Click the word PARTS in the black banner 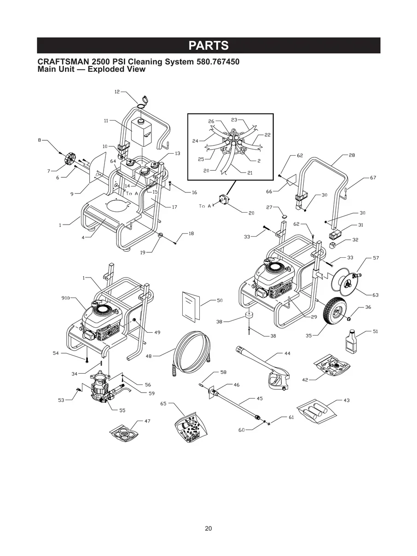[208, 46]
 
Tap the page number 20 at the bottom [208, 528]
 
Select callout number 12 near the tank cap [117, 92]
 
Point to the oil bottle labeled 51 [352, 341]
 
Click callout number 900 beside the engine [65, 298]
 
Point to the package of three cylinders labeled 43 [317, 409]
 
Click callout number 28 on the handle [352, 156]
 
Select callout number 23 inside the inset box [234, 119]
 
